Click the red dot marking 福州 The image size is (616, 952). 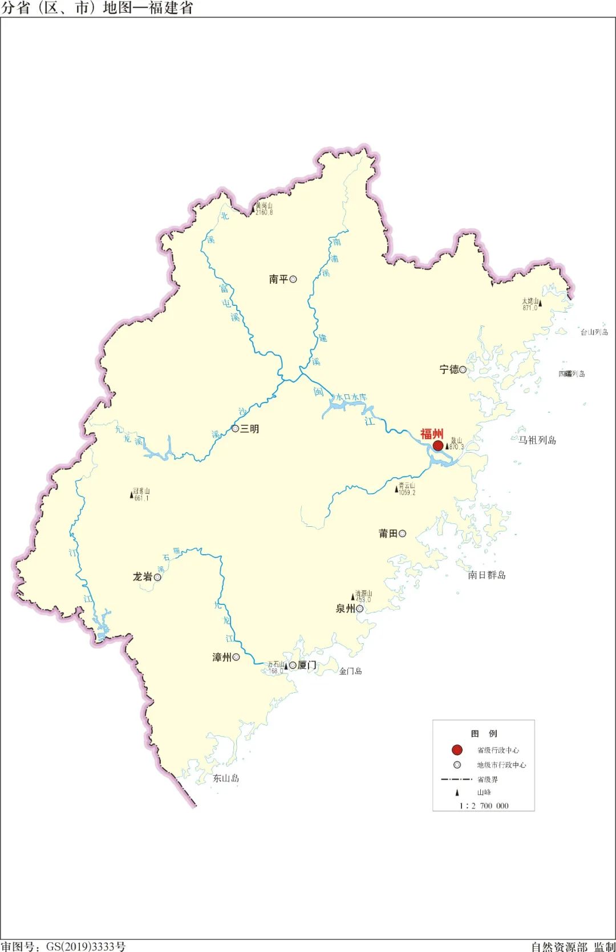[438, 445]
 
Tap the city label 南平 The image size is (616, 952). [278, 279]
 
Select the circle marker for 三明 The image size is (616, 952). [235, 429]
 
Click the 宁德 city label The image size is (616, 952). [449, 369]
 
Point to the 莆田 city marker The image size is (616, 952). [403, 534]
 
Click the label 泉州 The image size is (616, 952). [345, 608]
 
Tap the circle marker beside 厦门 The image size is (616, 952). [293, 665]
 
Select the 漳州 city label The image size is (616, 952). [221, 657]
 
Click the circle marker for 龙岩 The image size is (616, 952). [157, 577]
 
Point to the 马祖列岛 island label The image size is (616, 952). [537, 440]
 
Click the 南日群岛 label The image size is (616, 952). [487, 575]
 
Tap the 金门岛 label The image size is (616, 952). [350, 671]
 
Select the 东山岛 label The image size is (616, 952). [226, 778]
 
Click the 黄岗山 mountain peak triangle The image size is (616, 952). [253, 211]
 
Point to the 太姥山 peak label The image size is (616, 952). [530, 301]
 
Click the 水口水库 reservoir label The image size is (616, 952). [351, 397]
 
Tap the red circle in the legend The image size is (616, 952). [457, 750]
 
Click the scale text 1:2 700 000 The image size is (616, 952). [484, 806]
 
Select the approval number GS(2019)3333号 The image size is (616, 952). [86, 946]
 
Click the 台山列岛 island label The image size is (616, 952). [594, 332]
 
